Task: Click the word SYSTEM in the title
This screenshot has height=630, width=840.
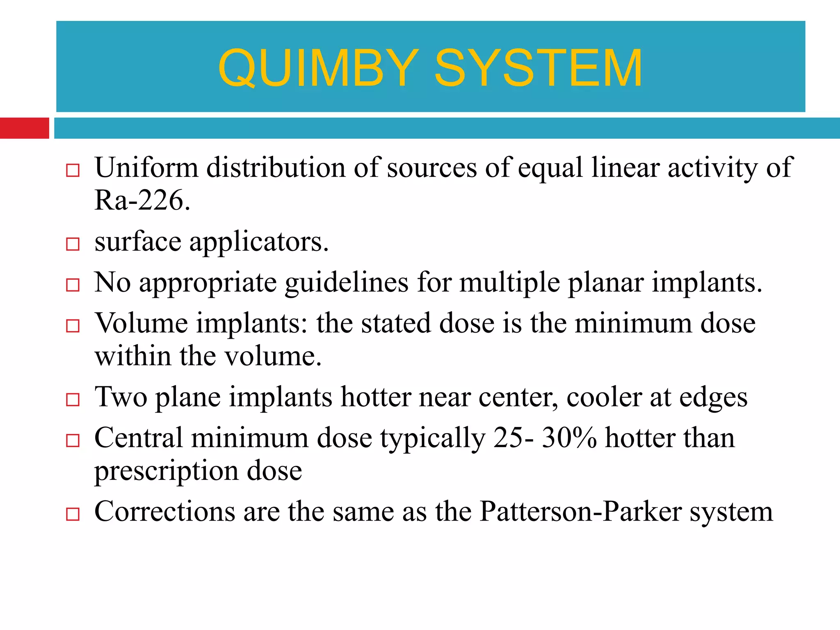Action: pyautogui.click(x=538, y=68)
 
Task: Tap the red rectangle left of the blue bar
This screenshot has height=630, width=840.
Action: pyautogui.click(x=24, y=128)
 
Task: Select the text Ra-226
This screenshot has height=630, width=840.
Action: pyautogui.click(x=142, y=201)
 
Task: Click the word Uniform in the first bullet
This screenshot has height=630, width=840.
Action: pyautogui.click(x=146, y=168)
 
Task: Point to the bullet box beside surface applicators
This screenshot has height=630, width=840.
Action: pyautogui.click(x=73, y=244)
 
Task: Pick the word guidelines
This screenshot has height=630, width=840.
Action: pyautogui.click(x=347, y=283)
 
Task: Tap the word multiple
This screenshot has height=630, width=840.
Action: pyautogui.click(x=509, y=283)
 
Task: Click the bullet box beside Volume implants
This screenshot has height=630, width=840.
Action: pyautogui.click(x=73, y=326)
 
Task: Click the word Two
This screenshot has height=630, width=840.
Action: pyautogui.click(x=121, y=397)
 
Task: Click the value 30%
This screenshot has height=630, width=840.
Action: pyautogui.click(x=569, y=438)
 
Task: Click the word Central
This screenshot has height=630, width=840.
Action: pyautogui.click(x=139, y=438)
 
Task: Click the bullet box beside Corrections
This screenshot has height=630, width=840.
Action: pyautogui.click(x=73, y=514)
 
